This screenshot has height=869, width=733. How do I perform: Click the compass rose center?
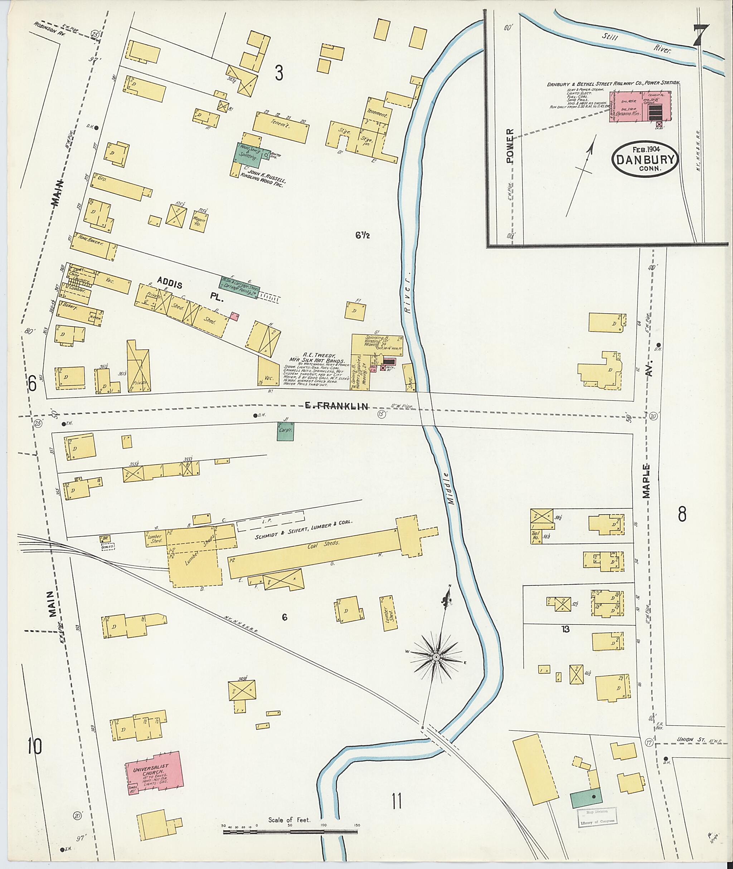pos(436,657)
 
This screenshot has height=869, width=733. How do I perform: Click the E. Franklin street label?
pos(336,407)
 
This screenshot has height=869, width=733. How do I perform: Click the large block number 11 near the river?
pos(397,801)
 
